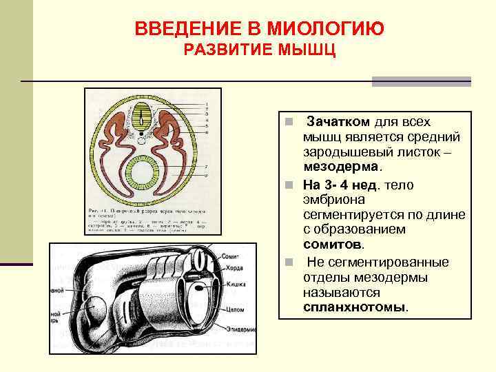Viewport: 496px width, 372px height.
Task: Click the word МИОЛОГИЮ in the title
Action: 323,29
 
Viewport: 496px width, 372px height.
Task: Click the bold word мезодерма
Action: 340,167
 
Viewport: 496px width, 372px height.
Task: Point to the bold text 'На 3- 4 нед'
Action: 340,185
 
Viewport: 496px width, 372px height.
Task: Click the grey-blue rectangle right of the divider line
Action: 421,81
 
